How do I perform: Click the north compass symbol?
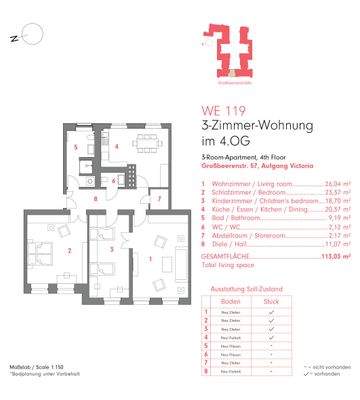click(x=29, y=38)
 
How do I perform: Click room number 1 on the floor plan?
click(x=151, y=259)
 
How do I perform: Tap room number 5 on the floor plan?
click(x=75, y=147)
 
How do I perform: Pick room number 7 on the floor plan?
click(x=159, y=199)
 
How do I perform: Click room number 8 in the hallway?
click(x=96, y=199)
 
